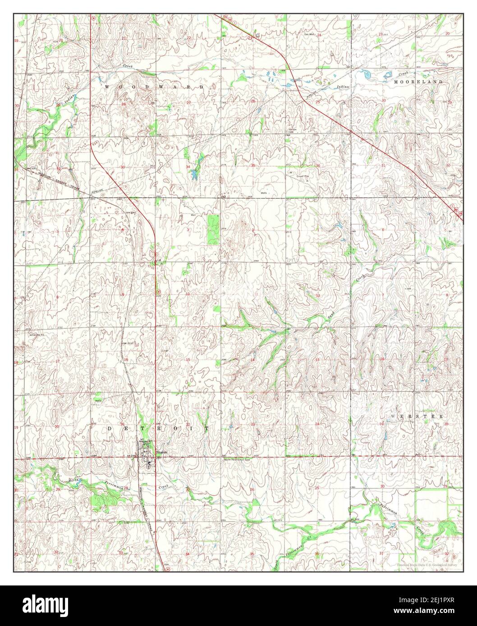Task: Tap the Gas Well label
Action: (x=309, y=34)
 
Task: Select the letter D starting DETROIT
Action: (x=110, y=429)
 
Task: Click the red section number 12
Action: (x=318, y=295)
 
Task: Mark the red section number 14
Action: (x=253, y=360)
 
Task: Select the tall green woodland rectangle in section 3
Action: (x=213, y=229)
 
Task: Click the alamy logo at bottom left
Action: (x=40, y=605)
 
